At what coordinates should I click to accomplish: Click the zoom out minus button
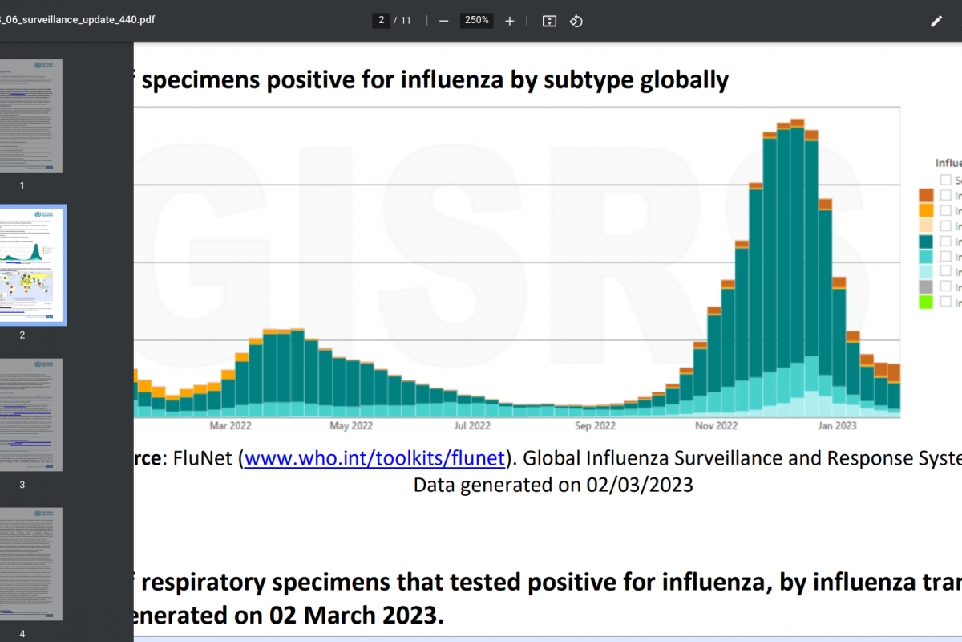pyautogui.click(x=443, y=21)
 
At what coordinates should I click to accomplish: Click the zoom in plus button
pyautogui.click(x=509, y=21)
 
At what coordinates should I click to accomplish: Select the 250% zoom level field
pyautogui.click(x=476, y=21)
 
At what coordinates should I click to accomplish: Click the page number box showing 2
pyautogui.click(x=382, y=21)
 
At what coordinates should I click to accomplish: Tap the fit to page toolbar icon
pyautogui.click(x=549, y=21)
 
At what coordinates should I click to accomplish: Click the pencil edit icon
pyautogui.click(x=936, y=21)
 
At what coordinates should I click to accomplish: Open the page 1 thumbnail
pyautogui.click(x=31, y=116)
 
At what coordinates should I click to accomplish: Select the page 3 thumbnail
pyautogui.click(x=31, y=414)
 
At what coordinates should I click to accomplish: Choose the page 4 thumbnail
pyautogui.click(x=31, y=563)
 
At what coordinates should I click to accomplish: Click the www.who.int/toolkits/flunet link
pyautogui.click(x=374, y=458)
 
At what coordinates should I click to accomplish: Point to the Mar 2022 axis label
pyautogui.click(x=230, y=426)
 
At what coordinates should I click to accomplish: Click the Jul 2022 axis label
pyautogui.click(x=472, y=426)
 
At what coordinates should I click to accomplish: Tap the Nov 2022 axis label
pyautogui.click(x=716, y=426)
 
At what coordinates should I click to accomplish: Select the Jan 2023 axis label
pyautogui.click(x=836, y=426)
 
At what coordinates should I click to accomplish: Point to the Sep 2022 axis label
pyautogui.click(x=595, y=426)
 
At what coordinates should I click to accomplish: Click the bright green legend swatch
pyautogui.click(x=926, y=302)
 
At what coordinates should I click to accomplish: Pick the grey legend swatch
pyautogui.click(x=926, y=286)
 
